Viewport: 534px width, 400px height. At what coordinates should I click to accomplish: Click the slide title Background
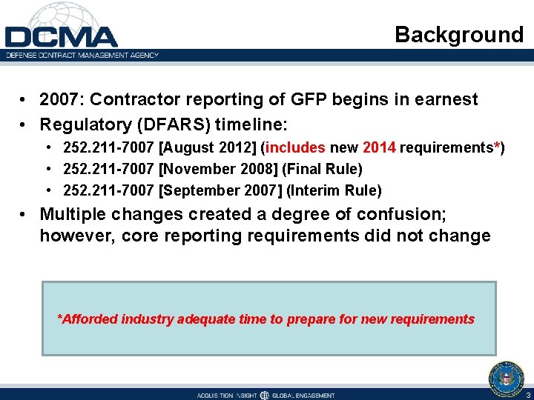click(x=458, y=35)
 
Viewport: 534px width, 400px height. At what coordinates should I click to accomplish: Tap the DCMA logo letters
click(x=61, y=36)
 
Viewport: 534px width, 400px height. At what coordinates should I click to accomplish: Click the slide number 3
click(x=528, y=395)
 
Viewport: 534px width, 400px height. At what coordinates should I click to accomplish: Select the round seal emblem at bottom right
click(x=506, y=378)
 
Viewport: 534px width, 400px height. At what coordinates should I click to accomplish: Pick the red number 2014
click(x=379, y=147)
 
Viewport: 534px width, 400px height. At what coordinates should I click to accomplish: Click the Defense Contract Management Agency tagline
click(x=82, y=55)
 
